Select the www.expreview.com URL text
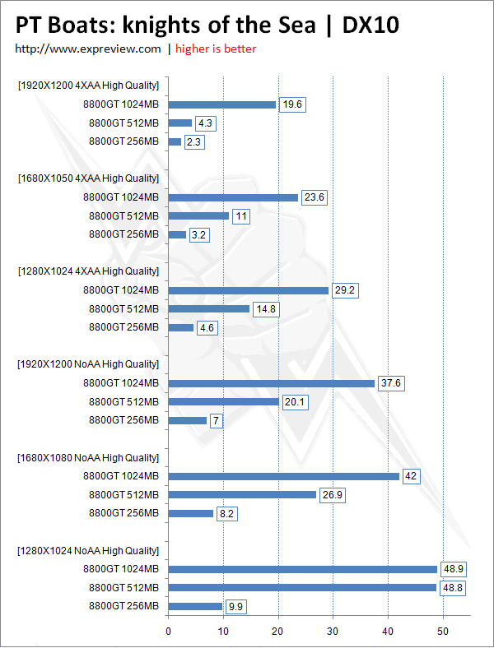88,49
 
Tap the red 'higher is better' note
216,49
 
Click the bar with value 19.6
222,104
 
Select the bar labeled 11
198,216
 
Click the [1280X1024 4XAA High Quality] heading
87,271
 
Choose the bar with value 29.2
249,290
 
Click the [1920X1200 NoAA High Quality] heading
87,364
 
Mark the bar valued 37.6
272,383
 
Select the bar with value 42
284,476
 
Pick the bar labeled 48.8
302,588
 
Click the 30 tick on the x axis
333,632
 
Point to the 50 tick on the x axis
444,632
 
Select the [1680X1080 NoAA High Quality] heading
87,457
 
